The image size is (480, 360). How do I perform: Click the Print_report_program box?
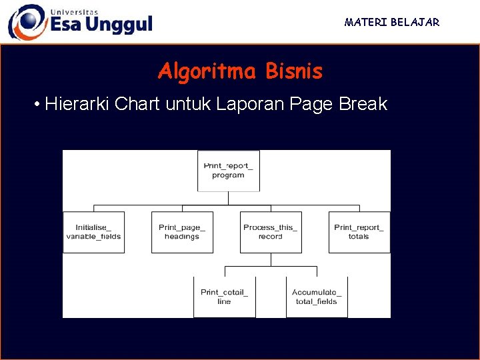tap(228, 171)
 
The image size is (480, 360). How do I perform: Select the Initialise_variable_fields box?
tap(93, 232)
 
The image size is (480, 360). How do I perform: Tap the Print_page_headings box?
tap(182, 232)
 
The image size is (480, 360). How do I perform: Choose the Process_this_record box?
tap(271, 232)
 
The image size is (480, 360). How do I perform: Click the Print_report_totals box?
tap(359, 232)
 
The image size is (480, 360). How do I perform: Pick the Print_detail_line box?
tap(224, 297)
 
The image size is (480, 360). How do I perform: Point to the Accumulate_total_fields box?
tap(317, 297)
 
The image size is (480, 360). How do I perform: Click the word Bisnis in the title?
tap(294, 71)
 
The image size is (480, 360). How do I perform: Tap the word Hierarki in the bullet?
tap(78, 105)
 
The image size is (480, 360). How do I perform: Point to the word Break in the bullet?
tap(363, 105)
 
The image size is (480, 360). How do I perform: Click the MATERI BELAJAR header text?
tap(392, 23)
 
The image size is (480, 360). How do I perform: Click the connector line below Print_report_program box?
tap(228, 198)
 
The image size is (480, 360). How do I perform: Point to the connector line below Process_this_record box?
tap(271, 259)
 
